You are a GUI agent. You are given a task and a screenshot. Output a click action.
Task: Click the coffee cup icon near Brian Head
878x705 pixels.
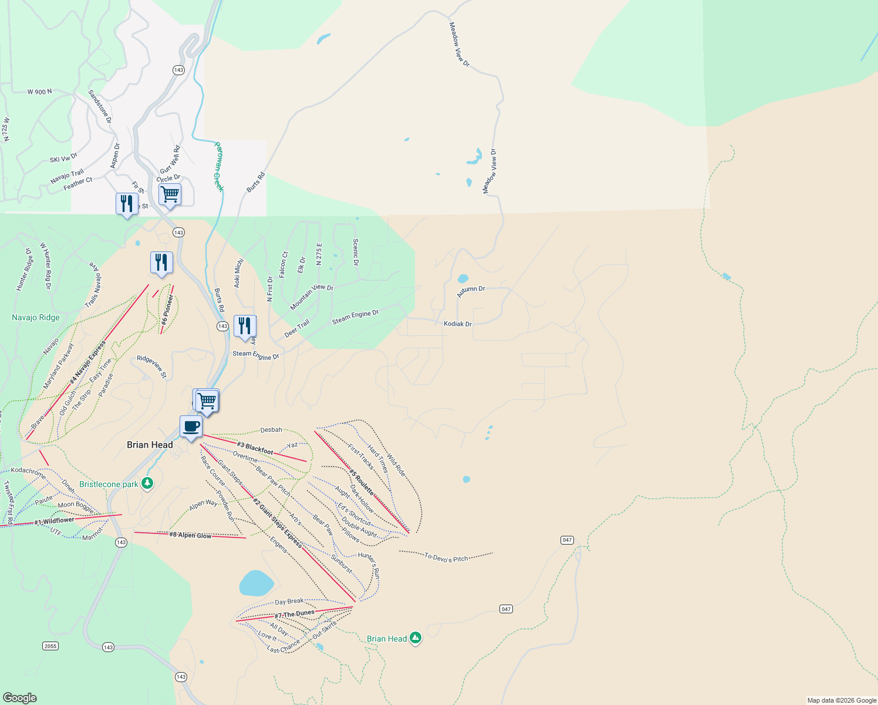pyautogui.click(x=191, y=427)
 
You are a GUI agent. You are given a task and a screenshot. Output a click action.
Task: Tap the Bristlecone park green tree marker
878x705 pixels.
pyautogui.click(x=147, y=484)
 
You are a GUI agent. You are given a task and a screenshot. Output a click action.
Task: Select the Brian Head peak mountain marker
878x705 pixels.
pyautogui.click(x=416, y=637)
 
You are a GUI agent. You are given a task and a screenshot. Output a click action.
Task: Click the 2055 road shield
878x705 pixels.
pyautogui.click(x=50, y=646)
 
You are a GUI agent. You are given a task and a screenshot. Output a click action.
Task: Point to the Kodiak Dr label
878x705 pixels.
pyautogui.click(x=457, y=324)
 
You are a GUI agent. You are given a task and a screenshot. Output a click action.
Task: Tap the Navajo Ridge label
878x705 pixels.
pyautogui.click(x=36, y=318)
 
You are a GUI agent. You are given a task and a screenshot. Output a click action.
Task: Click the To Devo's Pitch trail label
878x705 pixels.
pyautogui.click(x=446, y=558)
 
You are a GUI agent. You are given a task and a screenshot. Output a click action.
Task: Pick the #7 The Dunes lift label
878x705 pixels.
pyautogui.click(x=295, y=614)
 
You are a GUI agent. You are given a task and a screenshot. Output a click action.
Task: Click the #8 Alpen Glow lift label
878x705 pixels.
pyautogui.click(x=190, y=535)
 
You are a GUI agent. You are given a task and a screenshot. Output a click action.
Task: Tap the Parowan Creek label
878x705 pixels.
pyautogui.click(x=218, y=166)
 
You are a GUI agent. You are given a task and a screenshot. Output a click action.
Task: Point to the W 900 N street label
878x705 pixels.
pyautogui.click(x=39, y=92)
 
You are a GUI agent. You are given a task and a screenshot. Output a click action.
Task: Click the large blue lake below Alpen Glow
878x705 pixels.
pyautogui.click(x=256, y=583)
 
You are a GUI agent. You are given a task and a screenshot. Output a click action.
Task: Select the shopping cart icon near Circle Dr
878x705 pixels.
pyautogui.click(x=170, y=194)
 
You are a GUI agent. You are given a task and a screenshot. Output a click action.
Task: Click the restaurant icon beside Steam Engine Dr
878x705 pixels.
pyautogui.click(x=245, y=326)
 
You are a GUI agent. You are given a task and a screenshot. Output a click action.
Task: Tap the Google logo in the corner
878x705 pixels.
pyautogui.click(x=20, y=698)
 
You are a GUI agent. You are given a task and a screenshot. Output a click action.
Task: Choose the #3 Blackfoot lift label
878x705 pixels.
pyautogui.click(x=255, y=448)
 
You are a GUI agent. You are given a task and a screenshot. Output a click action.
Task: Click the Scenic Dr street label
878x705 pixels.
pyautogui.click(x=356, y=252)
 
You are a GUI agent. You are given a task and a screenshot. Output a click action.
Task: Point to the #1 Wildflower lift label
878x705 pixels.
pyautogui.click(x=54, y=521)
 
